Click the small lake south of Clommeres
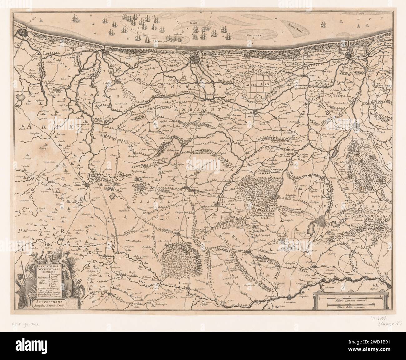pyautogui.click(x=113, y=196)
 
